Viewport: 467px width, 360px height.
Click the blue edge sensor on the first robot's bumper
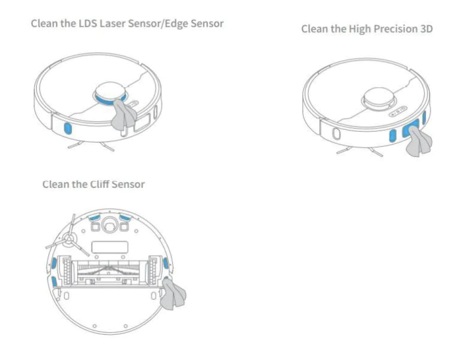click(67, 128)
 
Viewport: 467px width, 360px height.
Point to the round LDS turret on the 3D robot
click(378, 97)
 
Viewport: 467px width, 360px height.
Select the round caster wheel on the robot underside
click(109, 224)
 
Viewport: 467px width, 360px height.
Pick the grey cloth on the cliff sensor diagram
click(174, 296)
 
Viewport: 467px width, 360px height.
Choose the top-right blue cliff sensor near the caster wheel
click(125, 217)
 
